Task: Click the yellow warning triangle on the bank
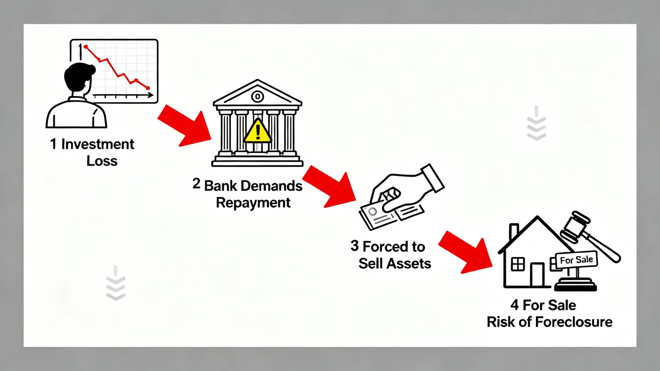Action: coord(258,131)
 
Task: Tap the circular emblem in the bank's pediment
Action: coord(258,96)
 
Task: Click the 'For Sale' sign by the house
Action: coord(576,260)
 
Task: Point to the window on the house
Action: coord(518,264)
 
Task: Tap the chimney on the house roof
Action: coord(514,231)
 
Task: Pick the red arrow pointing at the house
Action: coord(466,252)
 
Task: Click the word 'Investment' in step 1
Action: coord(97,144)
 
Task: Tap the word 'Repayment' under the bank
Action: coord(253,203)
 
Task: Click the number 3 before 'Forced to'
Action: coord(355,246)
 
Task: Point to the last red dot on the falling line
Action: coord(148,88)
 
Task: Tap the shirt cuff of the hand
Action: coord(433,178)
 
